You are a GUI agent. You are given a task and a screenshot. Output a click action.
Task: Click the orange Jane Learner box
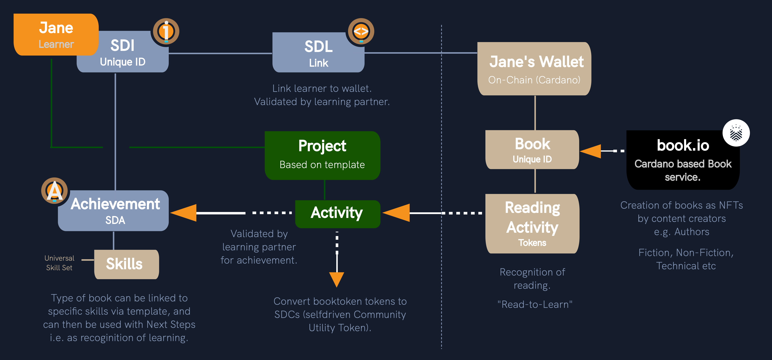click(x=56, y=35)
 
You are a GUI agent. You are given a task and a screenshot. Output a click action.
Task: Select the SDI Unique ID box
click(x=123, y=53)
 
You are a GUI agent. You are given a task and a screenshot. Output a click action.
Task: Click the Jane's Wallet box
click(x=534, y=69)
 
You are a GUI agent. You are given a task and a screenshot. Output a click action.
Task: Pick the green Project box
click(x=322, y=155)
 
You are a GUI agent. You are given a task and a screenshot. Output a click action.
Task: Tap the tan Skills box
click(x=126, y=264)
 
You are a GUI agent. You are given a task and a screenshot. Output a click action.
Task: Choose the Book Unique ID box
click(x=532, y=150)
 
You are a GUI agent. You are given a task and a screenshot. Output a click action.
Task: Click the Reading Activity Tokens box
click(x=532, y=223)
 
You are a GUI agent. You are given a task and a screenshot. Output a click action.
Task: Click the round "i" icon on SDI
click(x=166, y=31)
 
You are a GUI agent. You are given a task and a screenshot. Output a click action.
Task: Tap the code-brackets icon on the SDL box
click(x=361, y=31)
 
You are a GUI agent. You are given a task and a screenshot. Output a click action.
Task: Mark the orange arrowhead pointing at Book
click(x=591, y=151)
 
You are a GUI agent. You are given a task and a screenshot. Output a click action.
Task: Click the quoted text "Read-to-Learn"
click(x=535, y=304)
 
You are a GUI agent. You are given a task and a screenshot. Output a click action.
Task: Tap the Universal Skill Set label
click(x=59, y=263)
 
